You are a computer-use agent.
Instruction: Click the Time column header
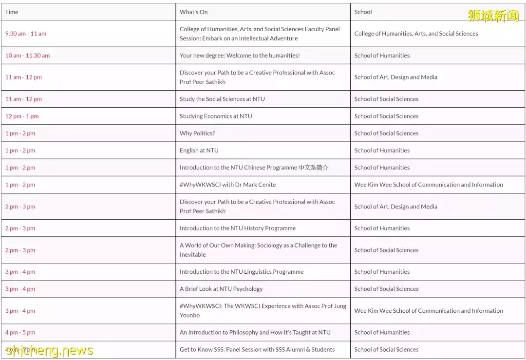pos(12,12)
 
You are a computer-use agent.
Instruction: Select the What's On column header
pos(193,12)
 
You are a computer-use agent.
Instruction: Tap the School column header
pos(363,12)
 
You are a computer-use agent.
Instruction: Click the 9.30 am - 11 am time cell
pos(26,34)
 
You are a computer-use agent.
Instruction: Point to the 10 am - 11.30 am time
pos(27,56)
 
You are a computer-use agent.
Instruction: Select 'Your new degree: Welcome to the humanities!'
pos(240,56)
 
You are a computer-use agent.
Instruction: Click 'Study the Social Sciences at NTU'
pos(222,99)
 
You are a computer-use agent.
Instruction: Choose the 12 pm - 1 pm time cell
pos(22,116)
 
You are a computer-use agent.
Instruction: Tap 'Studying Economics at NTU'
pos(216,116)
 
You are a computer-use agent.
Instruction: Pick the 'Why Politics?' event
pos(197,133)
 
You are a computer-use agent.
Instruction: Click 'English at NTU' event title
pos(199,150)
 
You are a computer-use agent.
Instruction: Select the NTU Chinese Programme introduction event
pos(254,168)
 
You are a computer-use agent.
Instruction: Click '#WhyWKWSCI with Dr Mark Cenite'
pos(227,185)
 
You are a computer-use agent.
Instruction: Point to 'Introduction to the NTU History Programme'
pos(238,228)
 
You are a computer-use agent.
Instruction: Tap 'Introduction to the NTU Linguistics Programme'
pos(242,272)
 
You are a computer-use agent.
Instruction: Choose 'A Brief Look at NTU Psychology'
pos(221,289)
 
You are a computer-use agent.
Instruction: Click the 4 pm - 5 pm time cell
pos(20,332)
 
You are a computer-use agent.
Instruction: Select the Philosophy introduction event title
pos(255,332)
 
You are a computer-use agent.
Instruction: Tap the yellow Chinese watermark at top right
pos(493,16)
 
